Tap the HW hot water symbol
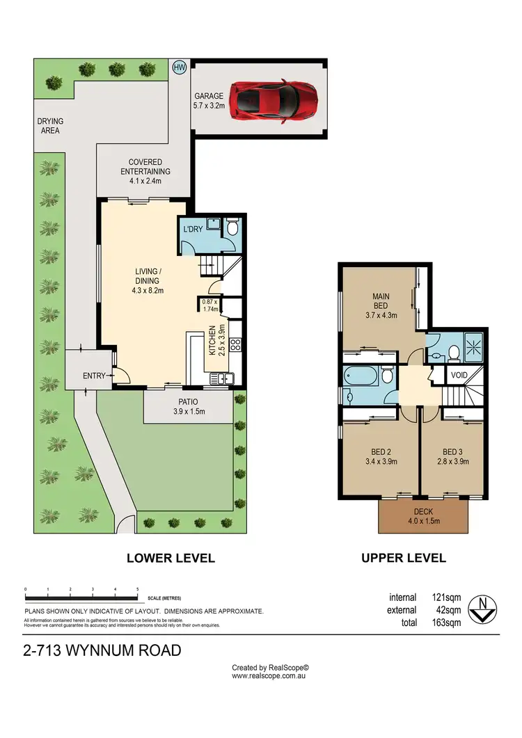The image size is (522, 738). pos(180,67)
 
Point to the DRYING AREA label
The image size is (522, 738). pos(49,126)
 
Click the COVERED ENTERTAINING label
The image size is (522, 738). pos(145,172)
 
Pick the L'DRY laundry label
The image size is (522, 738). pos(192,230)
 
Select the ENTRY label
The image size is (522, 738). pos(94,376)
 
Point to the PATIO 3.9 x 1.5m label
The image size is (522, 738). pos(188,407)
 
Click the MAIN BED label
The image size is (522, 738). pos(381,305)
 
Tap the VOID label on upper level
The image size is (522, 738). pos(459,375)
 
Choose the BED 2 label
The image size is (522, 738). pos(377,456)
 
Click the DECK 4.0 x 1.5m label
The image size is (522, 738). pos(422,517)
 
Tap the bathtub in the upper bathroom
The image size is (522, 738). pos(361,376)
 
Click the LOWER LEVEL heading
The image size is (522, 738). pos(171,558)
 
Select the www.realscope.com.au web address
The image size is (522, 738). pos(269,675)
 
